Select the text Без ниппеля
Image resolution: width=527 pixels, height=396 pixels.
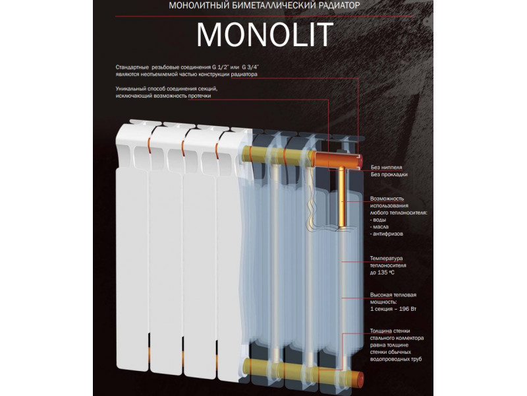(386, 166)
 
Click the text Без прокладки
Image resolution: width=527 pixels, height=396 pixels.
(389, 175)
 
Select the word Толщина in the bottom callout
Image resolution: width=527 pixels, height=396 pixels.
(383, 330)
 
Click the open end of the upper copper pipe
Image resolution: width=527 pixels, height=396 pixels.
(358, 160)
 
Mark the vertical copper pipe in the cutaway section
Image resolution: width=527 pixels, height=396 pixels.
(343, 198)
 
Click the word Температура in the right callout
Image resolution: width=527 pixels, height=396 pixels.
(387, 257)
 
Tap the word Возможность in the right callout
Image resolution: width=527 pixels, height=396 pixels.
(389, 198)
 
